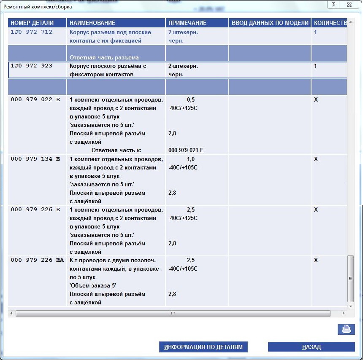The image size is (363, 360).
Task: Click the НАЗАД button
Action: (x=311, y=347)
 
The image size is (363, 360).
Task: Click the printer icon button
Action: (x=346, y=329)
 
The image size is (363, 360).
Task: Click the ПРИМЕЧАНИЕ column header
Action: (x=187, y=23)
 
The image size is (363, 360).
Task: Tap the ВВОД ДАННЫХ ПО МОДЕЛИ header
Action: (x=270, y=23)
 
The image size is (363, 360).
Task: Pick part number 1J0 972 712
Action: (x=31, y=32)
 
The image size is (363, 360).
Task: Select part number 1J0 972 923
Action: (x=31, y=66)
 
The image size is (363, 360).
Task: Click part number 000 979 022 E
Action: (x=35, y=99)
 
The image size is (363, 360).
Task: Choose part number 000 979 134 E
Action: (x=35, y=159)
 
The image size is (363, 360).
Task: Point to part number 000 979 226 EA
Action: (x=37, y=260)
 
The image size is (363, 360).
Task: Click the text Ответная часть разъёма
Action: (x=104, y=57)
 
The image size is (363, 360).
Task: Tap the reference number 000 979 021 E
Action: (x=186, y=150)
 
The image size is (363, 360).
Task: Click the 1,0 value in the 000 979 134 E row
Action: (x=191, y=159)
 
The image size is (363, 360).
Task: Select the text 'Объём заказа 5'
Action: (x=92, y=285)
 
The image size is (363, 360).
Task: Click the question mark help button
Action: (x=333, y=5)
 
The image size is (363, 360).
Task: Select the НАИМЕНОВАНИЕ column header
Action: (x=92, y=23)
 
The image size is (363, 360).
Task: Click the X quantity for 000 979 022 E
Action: (x=316, y=99)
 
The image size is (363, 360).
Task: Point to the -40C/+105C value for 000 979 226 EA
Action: (x=183, y=269)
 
